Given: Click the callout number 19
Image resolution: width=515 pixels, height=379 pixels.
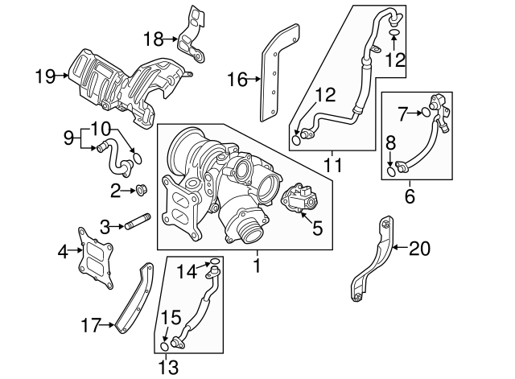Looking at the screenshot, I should point(45,76).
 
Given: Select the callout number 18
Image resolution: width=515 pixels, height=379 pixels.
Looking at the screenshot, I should point(152,38).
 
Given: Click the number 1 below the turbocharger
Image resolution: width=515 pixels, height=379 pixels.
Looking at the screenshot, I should point(257,262).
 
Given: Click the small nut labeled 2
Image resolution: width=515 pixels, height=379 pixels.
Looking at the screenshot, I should point(141,191).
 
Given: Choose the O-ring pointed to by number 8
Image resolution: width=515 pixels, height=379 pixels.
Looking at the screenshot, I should point(392,170).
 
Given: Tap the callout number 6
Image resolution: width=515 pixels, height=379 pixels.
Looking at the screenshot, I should point(410,196).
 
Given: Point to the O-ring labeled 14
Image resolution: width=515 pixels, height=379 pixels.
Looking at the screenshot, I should point(213,262).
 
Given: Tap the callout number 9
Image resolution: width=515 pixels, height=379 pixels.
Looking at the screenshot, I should point(70,138).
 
